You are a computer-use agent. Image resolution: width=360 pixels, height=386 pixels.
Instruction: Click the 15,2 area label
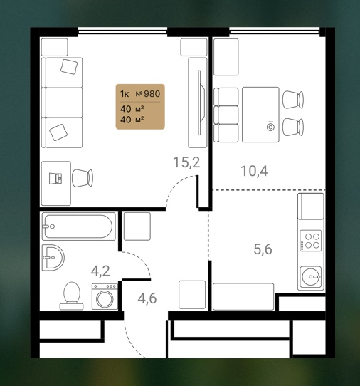186,162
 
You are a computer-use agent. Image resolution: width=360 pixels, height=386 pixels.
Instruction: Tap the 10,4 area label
254,171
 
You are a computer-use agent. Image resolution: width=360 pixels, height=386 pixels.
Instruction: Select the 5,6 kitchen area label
263,249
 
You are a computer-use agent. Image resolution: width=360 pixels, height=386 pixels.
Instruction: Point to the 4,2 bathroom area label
100,271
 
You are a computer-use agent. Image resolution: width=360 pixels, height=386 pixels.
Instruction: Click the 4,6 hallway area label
147,298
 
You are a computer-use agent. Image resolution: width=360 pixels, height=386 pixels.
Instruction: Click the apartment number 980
152,94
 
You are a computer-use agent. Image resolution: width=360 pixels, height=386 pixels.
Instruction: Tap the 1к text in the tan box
125,94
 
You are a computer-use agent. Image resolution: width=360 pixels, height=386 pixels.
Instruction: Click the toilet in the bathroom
72,296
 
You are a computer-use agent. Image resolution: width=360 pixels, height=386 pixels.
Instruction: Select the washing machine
105,297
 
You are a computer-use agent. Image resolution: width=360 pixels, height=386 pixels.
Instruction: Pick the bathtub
79,226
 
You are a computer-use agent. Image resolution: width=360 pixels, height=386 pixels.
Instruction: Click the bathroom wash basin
53,258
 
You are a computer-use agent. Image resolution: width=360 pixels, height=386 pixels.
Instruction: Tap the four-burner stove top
311,241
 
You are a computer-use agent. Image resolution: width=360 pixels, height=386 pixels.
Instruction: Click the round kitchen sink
311,277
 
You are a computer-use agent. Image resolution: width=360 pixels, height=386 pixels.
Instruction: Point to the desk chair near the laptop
83,178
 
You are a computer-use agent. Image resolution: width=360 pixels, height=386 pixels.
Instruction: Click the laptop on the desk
55,179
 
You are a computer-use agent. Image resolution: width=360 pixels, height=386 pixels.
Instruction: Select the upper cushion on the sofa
69,66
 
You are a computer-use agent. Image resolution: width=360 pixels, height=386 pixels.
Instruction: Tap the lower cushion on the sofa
58,132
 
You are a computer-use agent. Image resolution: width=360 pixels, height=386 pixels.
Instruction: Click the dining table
260,115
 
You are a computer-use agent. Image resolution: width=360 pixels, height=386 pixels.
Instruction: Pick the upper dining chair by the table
293,100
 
